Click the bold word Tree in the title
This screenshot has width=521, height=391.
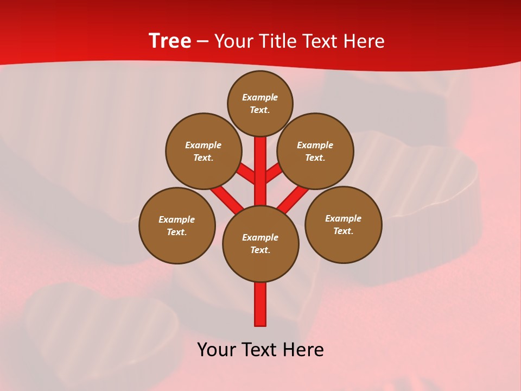[170, 41]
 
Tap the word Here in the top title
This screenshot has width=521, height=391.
[364, 41]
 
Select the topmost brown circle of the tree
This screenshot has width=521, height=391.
[260, 103]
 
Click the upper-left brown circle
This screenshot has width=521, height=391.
[203, 151]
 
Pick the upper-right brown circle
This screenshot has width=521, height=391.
[315, 151]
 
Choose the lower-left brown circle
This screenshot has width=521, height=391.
[177, 225]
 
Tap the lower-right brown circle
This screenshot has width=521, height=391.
[343, 224]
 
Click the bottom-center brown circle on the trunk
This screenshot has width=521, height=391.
[260, 243]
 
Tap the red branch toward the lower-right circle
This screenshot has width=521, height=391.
[293, 199]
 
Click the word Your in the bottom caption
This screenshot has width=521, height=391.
[217, 350]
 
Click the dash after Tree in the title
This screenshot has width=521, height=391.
[202, 41]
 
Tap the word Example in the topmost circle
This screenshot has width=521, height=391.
[260, 97]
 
